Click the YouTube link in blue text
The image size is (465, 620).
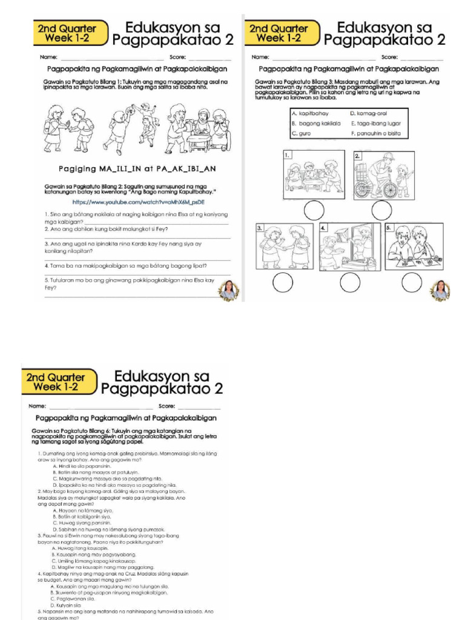point(138,202)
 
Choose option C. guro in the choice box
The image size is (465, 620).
point(302,133)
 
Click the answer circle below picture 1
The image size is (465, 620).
point(314,211)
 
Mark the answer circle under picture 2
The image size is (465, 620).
point(382,211)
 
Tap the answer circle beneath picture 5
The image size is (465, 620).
point(412,282)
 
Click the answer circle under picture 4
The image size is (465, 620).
point(350,282)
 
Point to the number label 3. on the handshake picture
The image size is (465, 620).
point(260,228)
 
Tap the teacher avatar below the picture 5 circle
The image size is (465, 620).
point(440,290)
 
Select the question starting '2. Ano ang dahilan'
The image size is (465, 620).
point(107,229)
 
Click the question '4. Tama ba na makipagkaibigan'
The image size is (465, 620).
point(126,266)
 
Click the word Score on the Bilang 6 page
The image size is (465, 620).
point(166,406)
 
